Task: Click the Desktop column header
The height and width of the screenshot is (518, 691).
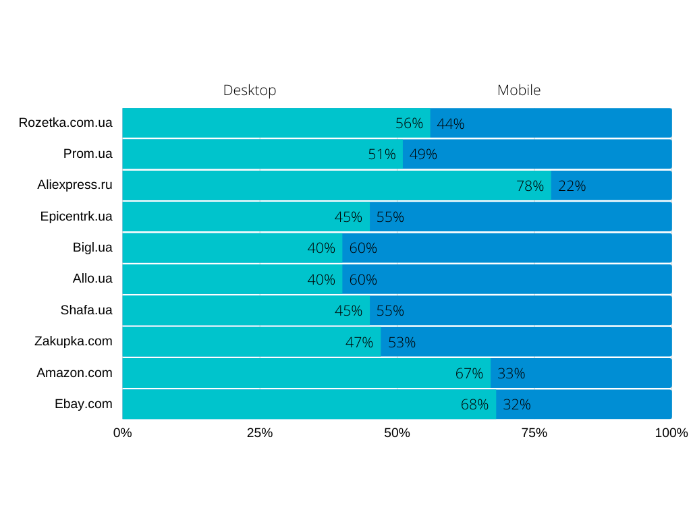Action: (x=250, y=90)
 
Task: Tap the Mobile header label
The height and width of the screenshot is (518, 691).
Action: (x=519, y=90)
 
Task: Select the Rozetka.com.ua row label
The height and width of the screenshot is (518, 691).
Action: (x=65, y=123)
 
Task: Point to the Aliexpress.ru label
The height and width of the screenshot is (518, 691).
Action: (x=75, y=185)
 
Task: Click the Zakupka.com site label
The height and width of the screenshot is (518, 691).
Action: (x=74, y=341)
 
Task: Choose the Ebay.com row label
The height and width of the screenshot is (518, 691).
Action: (x=84, y=404)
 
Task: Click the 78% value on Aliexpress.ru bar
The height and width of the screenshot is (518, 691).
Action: (x=530, y=186)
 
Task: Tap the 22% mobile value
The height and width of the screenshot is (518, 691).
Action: (x=572, y=186)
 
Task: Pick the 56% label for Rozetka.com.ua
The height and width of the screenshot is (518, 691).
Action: (x=409, y=124)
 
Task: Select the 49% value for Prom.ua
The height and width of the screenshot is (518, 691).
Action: (x=423, y=155)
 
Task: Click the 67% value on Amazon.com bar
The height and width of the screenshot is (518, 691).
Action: (x=469, y=374)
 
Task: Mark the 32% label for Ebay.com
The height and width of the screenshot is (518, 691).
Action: (x=517, y=405)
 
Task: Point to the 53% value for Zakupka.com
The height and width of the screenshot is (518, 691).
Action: (x=402, y=343)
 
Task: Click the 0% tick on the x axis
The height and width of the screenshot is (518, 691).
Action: (x=122, y=433)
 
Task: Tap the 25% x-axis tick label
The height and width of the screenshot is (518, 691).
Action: (x=260, y=433)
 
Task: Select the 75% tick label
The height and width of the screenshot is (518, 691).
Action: (x=534, y=433)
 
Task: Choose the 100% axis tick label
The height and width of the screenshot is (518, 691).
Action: (x=671, y=433)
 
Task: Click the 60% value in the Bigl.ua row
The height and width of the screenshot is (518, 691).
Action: (x=363, y=248)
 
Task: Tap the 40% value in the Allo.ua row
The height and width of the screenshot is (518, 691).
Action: (x=321, y=280)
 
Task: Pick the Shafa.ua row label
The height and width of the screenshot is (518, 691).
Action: (x=86, y=310)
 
